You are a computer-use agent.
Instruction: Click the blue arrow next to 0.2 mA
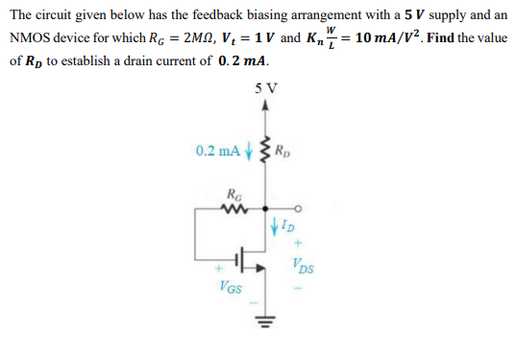pos(249,150)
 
